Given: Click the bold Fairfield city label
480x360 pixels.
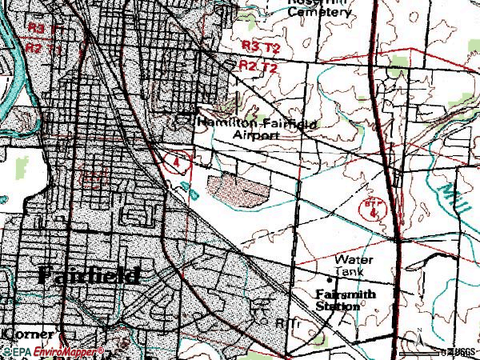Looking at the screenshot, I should click(89, 275).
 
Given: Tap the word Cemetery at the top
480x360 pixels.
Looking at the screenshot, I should click(320, 12).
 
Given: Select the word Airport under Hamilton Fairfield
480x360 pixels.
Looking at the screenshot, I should click(257, 135).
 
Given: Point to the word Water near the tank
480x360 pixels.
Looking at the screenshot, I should click(353, 260).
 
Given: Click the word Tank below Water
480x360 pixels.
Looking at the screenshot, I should click(348, 272).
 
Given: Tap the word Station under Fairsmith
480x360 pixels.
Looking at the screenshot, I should click(338, 306).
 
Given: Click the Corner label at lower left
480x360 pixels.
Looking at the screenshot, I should click(27, 333).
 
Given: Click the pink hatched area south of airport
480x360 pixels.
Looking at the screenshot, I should click(238, 190).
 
